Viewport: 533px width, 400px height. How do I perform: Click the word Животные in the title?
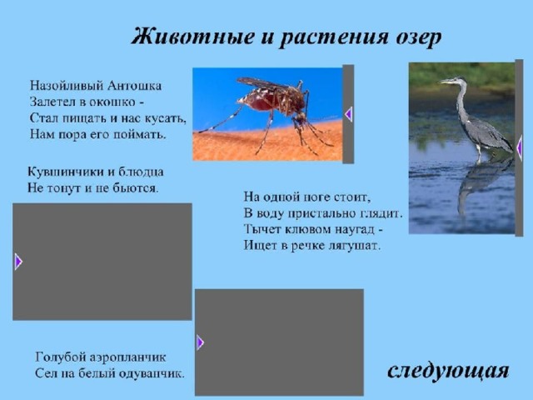(x=192, y=37)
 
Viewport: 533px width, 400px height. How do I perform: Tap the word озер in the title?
(x=418, y=37)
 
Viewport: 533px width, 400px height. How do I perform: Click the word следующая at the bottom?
(x=448, y=371)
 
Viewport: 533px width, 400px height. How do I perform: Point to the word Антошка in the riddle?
(x=134, y=85)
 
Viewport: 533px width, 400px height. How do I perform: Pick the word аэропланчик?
(x=128, y=357)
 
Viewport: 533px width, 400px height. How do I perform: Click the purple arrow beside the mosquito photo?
(x=348, y=114)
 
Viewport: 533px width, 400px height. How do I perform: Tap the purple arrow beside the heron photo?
(x=519, y=148)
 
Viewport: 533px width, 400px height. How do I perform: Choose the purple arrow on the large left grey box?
(x=18, y=262)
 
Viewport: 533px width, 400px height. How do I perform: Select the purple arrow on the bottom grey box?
(x=200, y=342)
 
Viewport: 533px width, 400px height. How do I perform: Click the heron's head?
(x=452, y=81)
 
